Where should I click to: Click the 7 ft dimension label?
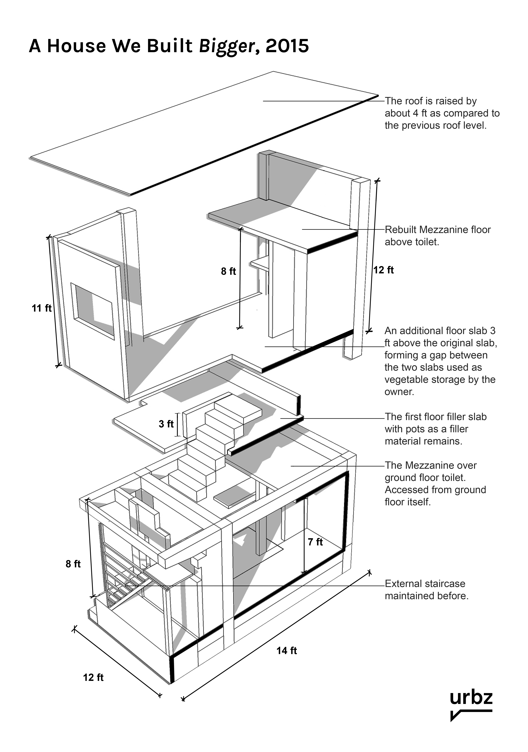(x=315, y=542)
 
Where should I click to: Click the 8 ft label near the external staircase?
(x=73, y=564)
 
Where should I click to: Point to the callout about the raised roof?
(x=442, y=113)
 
